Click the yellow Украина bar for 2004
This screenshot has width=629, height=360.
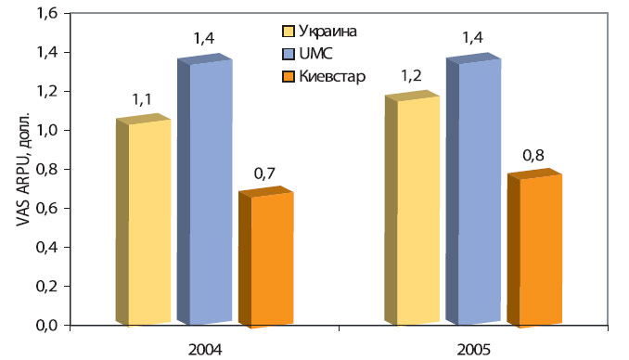[148, 223]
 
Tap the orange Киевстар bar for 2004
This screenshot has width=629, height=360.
[271, 260]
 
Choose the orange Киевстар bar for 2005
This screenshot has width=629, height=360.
[540, 251]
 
